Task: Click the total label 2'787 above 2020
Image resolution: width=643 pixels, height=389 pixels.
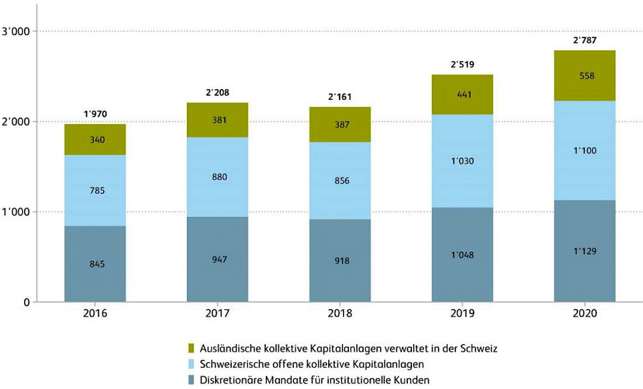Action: click(x=584, y=40)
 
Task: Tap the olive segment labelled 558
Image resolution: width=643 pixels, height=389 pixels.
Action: click(x=584, y=76)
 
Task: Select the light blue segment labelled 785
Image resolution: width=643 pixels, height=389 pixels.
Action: click(x=95, y=190)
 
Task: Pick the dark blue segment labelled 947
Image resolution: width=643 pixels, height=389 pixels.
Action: click(x=217, y=259)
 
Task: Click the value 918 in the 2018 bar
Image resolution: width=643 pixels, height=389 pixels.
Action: click(x=340, y=260)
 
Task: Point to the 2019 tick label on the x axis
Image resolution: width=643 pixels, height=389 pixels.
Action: click(x=462, y=313)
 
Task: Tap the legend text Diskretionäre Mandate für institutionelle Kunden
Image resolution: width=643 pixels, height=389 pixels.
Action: click(x=315, y=380)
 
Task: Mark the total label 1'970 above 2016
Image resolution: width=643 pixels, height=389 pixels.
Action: click(x=95, y=114)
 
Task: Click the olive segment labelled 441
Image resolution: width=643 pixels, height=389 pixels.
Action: click(x=462, y=94)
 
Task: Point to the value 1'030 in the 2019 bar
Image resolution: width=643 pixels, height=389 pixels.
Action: click(x=462, y=161)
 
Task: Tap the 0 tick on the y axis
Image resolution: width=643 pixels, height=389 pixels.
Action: click(x=25, y=302)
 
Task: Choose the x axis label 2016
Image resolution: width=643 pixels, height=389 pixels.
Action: click(x=95, y=313)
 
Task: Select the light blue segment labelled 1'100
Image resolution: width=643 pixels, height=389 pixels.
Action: click(x=584, y=151)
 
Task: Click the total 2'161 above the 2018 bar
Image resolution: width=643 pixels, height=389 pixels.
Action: click(x=340, y=97)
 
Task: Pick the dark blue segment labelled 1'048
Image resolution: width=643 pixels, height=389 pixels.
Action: click(x=462, y=255)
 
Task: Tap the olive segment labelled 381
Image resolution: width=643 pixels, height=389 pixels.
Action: click(x=217, y=121)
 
